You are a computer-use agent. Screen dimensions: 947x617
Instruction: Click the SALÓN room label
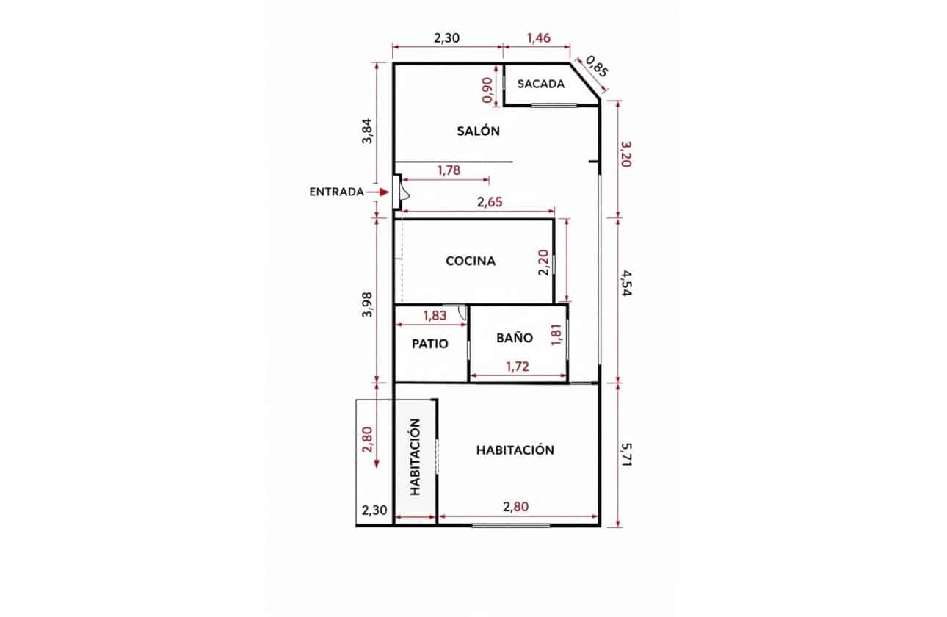478,131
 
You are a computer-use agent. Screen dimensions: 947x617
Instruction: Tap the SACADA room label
541,84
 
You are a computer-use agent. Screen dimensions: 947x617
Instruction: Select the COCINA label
471,261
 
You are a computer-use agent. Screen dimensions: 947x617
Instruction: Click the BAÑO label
515,337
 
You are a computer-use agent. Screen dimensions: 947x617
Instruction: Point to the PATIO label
429,343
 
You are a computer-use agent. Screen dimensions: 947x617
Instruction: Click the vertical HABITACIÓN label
416,457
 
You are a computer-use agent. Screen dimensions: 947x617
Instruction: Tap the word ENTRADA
336,192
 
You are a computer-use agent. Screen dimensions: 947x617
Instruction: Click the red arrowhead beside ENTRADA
384,192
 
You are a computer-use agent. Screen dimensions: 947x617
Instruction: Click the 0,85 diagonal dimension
598,68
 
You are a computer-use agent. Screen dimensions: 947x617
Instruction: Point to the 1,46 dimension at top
539,38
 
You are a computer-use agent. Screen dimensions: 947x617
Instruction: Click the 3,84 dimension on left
367,131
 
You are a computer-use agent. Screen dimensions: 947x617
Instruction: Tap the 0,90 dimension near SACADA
487,90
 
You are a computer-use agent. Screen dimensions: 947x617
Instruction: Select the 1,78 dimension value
449,170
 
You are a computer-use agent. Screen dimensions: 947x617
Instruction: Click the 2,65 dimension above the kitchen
490,202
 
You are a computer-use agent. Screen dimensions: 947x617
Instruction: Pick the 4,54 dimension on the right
626,284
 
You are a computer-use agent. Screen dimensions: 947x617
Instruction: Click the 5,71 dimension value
626,454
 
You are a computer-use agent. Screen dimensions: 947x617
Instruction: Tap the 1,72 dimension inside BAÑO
518,367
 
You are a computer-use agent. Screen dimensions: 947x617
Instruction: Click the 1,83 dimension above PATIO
435,315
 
